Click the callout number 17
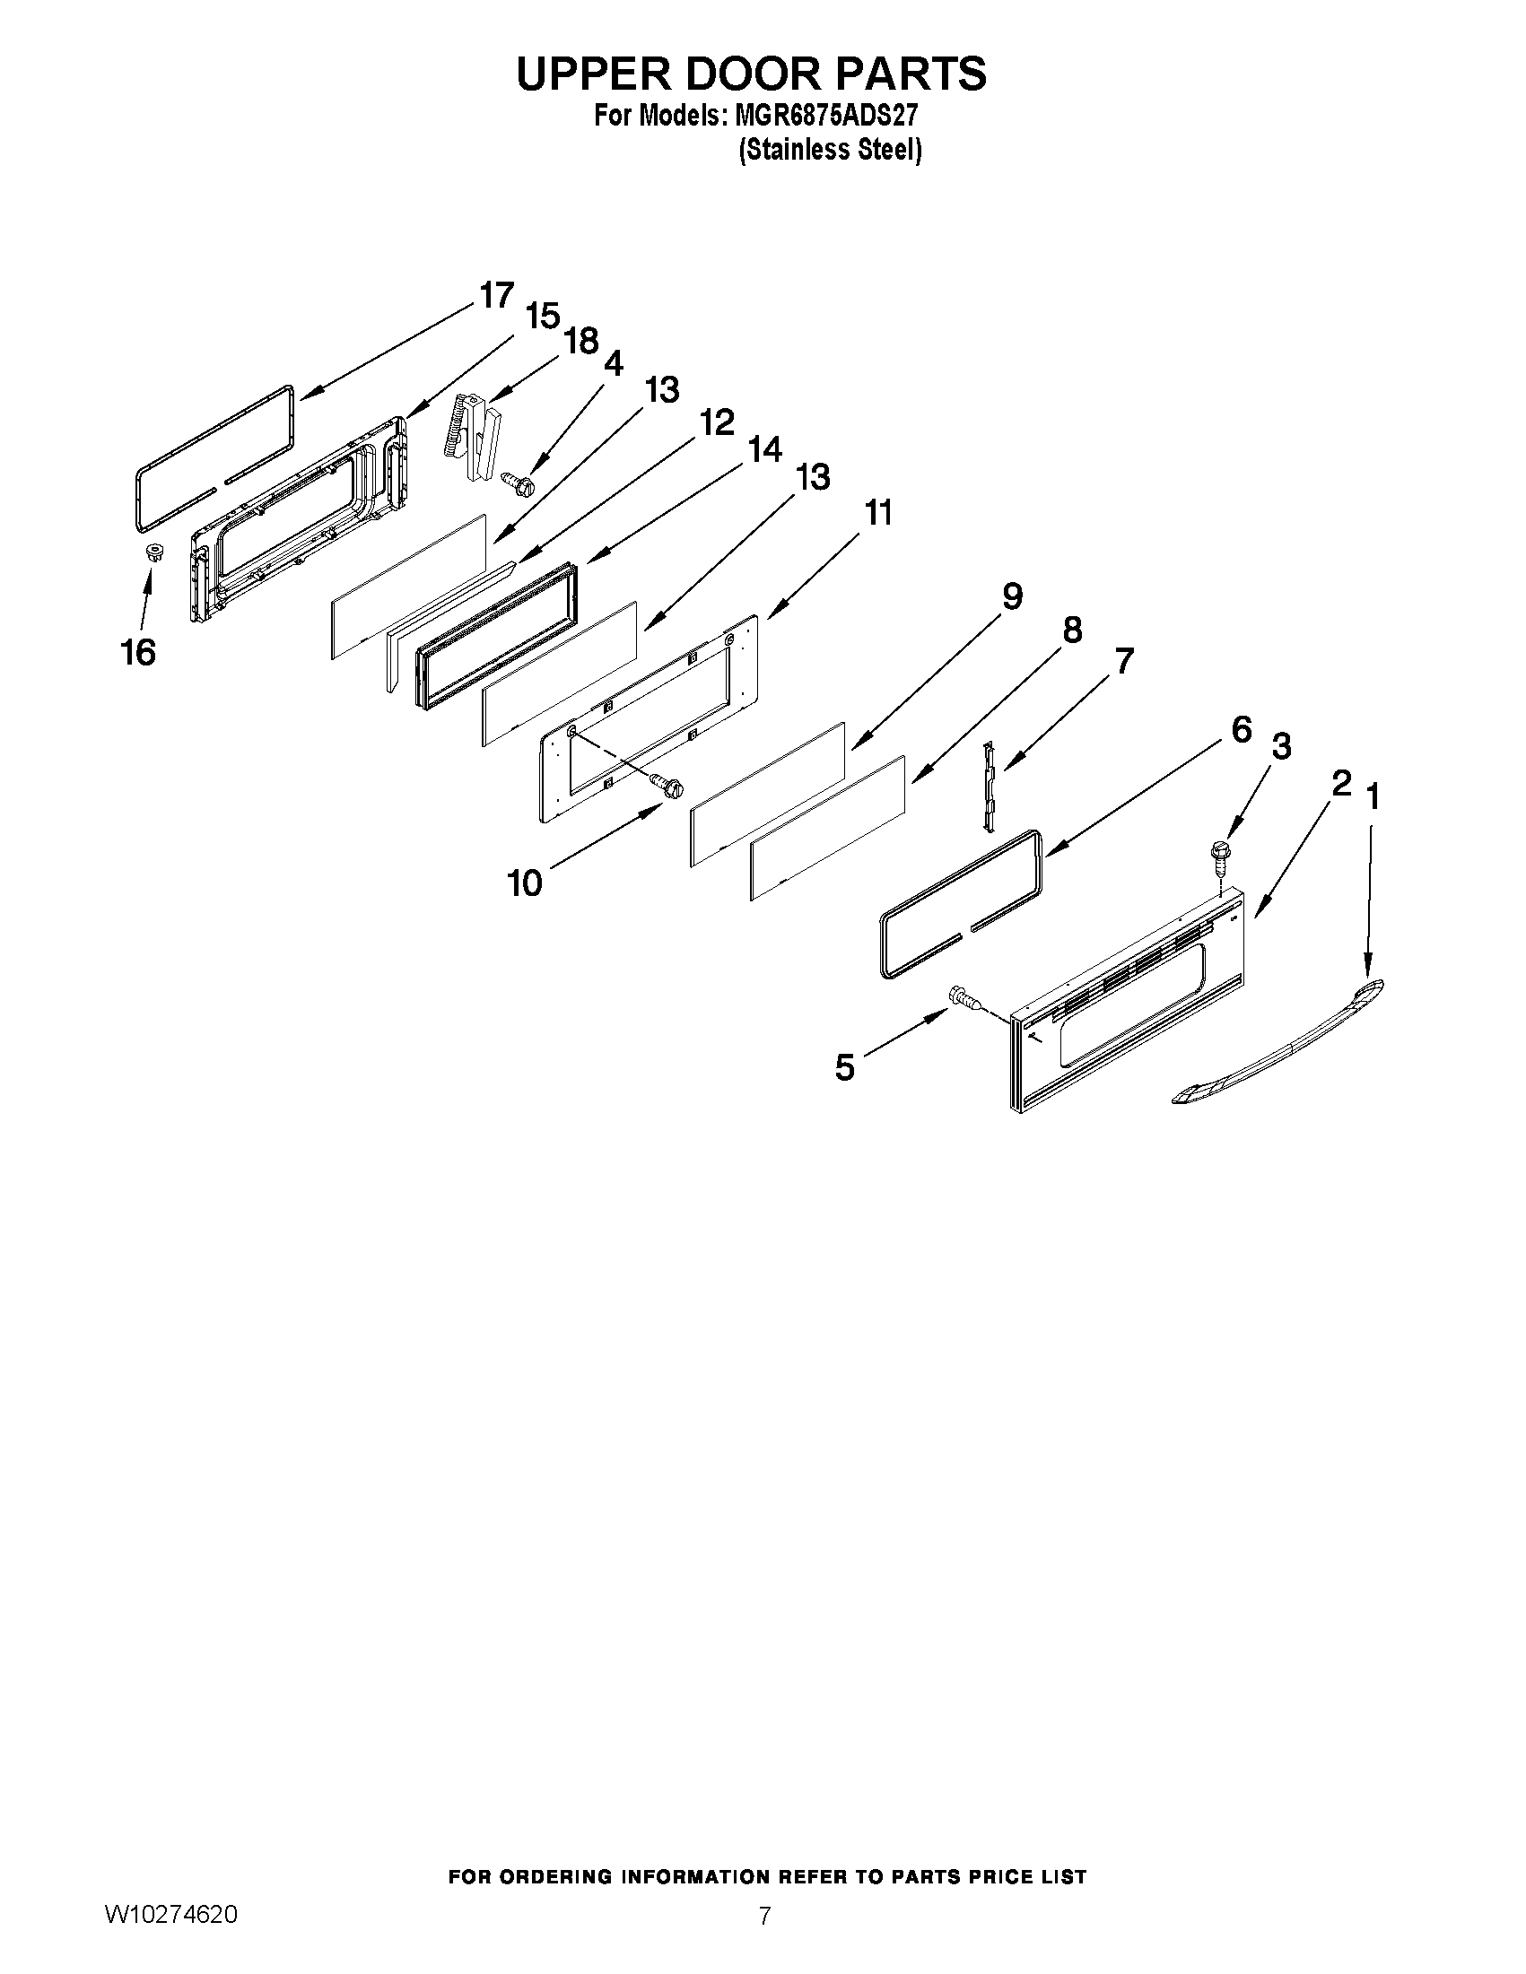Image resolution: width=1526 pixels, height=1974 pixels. tap(496, 296)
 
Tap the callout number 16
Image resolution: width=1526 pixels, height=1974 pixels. tap(138, 653)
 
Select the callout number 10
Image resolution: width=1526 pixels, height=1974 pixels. tap(524, 883)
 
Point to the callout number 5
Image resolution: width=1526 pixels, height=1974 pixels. tap(844, 1067)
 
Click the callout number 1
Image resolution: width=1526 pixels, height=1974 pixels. tap(1373, 797)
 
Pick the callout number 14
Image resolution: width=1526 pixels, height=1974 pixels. tap(765, 449)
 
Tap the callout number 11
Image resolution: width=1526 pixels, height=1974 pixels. tap(877, 513)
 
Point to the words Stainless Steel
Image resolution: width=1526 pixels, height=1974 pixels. tap(830, 150)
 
